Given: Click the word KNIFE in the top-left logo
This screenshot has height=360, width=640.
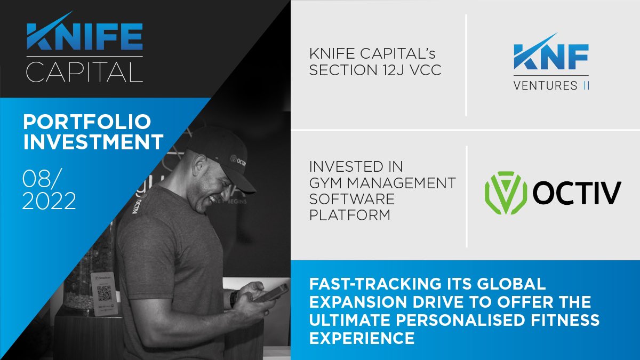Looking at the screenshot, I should point(84,38).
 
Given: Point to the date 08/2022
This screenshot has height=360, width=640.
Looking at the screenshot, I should point(49,190).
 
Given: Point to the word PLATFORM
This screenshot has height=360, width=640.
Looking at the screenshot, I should point(350,215).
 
